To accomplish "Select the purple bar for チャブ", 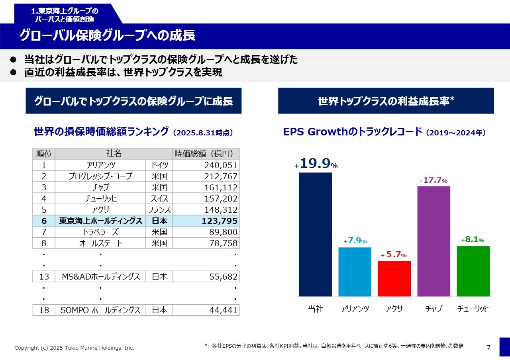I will pyautogui.click(x=433, y=241).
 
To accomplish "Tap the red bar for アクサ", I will pyautogui.click(x=394, y=278).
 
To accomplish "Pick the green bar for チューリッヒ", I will pyautogui.click(x=473, y=271).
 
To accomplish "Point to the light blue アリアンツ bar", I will pyautogui.click(x=355, y=272).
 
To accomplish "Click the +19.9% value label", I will pyautogui.click(x=316, y=164).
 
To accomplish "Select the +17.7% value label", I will pyautogui.click(x=433, y=180).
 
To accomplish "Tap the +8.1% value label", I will pyautogui.click(x=473, y=240).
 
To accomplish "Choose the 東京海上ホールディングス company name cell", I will pyautogui.click(x=100, y=221).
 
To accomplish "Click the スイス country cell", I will pyautogui.click(x=159, y=199).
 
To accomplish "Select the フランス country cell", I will pyautogui.click(x=159, y=210).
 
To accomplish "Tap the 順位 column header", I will pyautogui.click(x=44, y=154).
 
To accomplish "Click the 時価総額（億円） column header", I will pyautogui.click(x=206, y=154).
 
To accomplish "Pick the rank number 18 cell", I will pyautogui.click(x=44, y=310).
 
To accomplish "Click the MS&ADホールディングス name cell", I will pyautogui.click(x=100, y=277).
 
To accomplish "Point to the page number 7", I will pyautogui.click(x=489, y=348).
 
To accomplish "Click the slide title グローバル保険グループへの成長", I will pyautogui.click(x=107, y=36).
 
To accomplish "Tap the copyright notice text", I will pyautogui.click(x=75, y=348).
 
